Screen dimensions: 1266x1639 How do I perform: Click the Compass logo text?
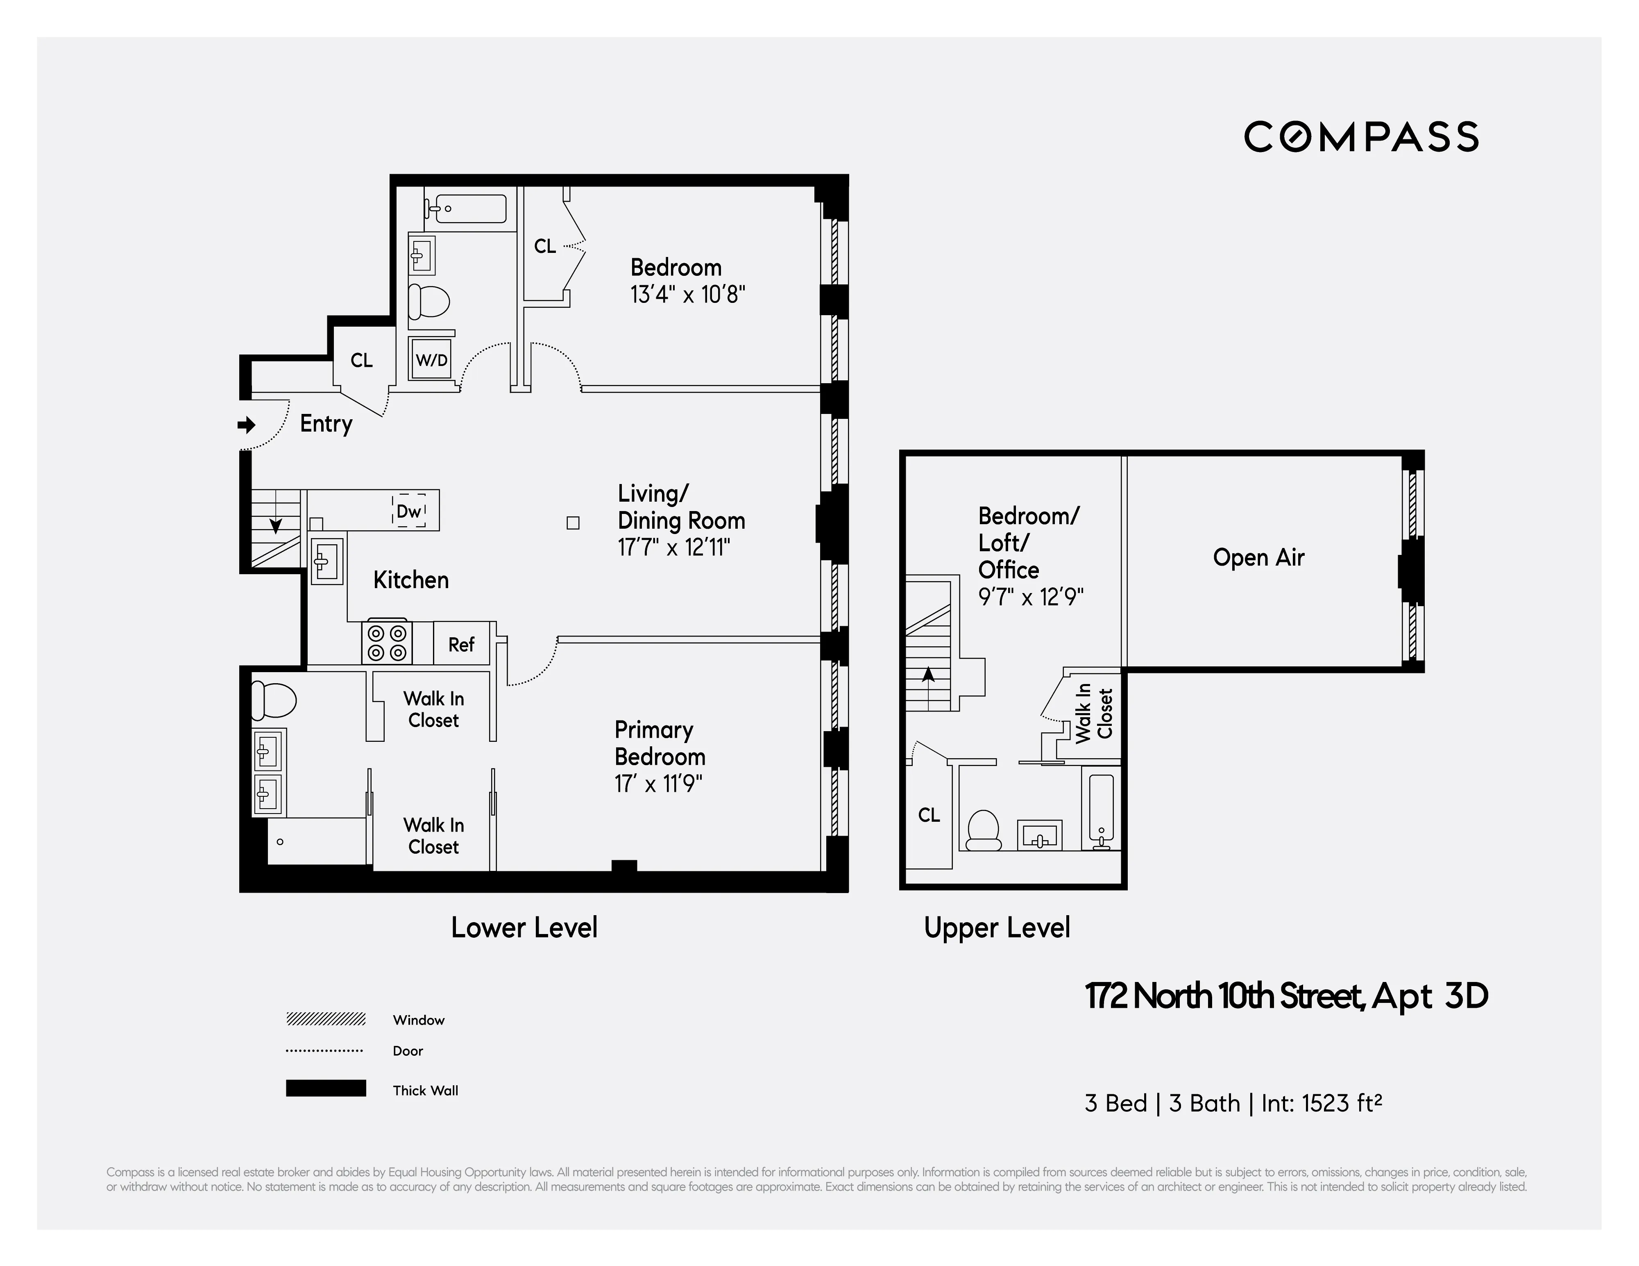point(1360,136)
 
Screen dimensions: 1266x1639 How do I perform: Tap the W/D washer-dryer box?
point(431,360)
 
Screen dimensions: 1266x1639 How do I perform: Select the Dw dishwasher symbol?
point(409,511)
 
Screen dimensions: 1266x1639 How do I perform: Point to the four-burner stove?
point(386,643)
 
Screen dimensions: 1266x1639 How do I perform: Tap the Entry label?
point(326,423)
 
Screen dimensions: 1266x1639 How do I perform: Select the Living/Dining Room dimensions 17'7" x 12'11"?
point(673,548)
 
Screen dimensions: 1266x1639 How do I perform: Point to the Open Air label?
point(1258,557)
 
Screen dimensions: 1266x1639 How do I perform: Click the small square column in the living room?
point(573,523)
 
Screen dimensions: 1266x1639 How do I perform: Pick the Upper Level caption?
point(997,927)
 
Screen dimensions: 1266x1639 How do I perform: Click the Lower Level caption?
point(524,927)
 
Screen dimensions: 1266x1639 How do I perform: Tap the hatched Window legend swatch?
point(326,1019)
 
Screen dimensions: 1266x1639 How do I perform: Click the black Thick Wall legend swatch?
point(326,1088)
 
